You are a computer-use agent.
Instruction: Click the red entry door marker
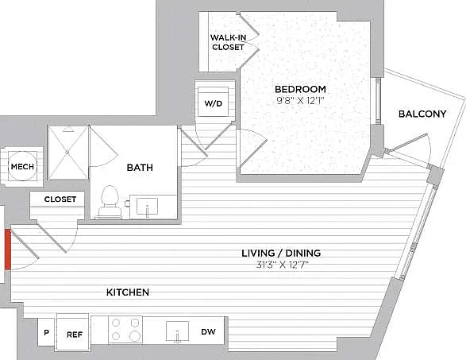pyautogui.click(x=8, y=250)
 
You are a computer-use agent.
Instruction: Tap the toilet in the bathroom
pyautogui.click(x=110, y=202)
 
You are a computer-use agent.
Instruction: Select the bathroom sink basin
pyautogui.click(x=147, y=206)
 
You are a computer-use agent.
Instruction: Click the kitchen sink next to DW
pyautogui.click(x=177, y=331)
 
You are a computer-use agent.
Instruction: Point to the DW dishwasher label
pyautogui.click(x=208, y=331)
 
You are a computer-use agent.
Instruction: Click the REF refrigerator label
pyautogui.click(x=75, y=335)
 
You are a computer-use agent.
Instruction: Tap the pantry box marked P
pyautogui.click(x=46, y=331)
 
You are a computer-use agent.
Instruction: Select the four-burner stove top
pyautogui.click(x=125, y=329)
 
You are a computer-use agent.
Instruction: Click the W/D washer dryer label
pyautogui.click(x=213, y=104)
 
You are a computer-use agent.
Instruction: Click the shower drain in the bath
pyautogui.click(x=67, y=152)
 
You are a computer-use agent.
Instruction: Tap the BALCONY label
pyautogui.click(x=422, y=114)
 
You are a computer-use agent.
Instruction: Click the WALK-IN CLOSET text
pyautogui.click(x=229, y=42)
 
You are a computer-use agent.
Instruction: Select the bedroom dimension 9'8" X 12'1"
pyautogui.click(x=300, y=101)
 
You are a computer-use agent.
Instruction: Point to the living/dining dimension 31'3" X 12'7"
pyautogui.click(x=283, y=265)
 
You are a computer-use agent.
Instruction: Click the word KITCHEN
pyautogui.click(x=128, y=292)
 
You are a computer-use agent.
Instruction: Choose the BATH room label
pyautogui.click(x=140, y=168)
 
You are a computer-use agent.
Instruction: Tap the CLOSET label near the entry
pyautogui.click(x=60, y=199)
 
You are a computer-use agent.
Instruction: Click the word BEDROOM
pyautogui.click(x=300, y=89)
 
